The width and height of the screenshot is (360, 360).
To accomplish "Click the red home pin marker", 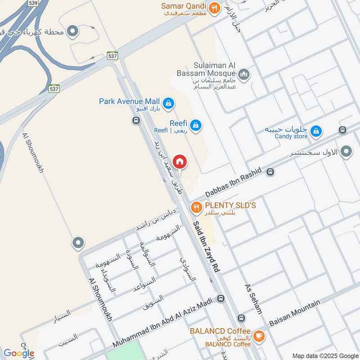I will pos(180,161).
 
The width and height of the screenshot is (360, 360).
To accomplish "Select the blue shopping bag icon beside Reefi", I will pos(195,126).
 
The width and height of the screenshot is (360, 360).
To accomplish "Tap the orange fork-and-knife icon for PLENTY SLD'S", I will pos(196,207).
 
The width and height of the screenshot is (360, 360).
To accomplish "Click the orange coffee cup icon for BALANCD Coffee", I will pos(259,336).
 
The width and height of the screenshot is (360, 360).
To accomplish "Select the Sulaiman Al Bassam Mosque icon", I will pos(244,74).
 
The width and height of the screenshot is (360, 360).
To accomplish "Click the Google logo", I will pos(18,353).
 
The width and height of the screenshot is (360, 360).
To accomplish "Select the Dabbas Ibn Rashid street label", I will pos(233,184).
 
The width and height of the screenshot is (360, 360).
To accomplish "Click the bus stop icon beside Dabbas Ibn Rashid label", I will pos(270,171).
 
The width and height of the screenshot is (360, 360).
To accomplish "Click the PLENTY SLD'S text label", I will pos(230,205).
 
